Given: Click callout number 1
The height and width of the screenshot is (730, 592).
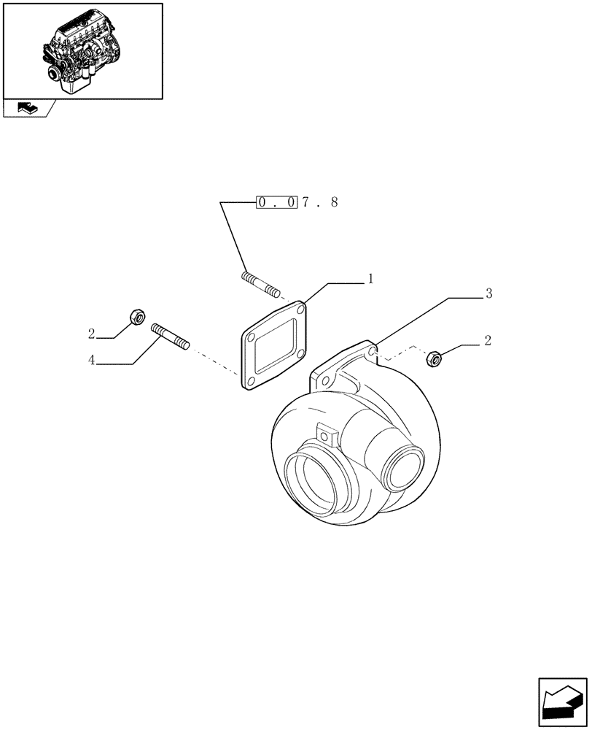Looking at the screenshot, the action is pyautogui.click(x=370, y=278).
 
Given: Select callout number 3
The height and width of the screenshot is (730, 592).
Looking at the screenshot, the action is pyautogui.click(x=488, y=293).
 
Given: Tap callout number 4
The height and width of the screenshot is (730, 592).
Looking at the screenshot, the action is pyautogui.click(x=92, y=361).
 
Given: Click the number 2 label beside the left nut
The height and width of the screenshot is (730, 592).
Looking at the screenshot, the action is pyautogui.click(x=92, y=334).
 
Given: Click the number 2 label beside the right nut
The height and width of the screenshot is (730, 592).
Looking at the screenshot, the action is pyautogui.click(x=487, y=340).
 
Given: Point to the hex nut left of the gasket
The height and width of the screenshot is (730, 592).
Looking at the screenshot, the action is pyautogui.click(x=136, y=316).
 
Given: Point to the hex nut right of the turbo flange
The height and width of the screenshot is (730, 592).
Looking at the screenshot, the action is pyautogui.click(x=434, y=358).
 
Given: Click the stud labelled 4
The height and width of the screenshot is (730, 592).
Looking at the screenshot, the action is pyautogui.click(x=170, y=337).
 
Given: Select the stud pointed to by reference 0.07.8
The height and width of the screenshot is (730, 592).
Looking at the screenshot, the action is pyautogui.click(x=260, y=284).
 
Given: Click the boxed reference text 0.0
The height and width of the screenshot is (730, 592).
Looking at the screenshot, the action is pyautogui.click(x=276, y=202).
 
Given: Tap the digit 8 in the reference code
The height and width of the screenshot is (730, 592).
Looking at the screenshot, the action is pyautogui.click(x=334, y=202).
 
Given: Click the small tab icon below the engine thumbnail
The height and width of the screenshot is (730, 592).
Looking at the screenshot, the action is pyautogui.click(x=28, y=108).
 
